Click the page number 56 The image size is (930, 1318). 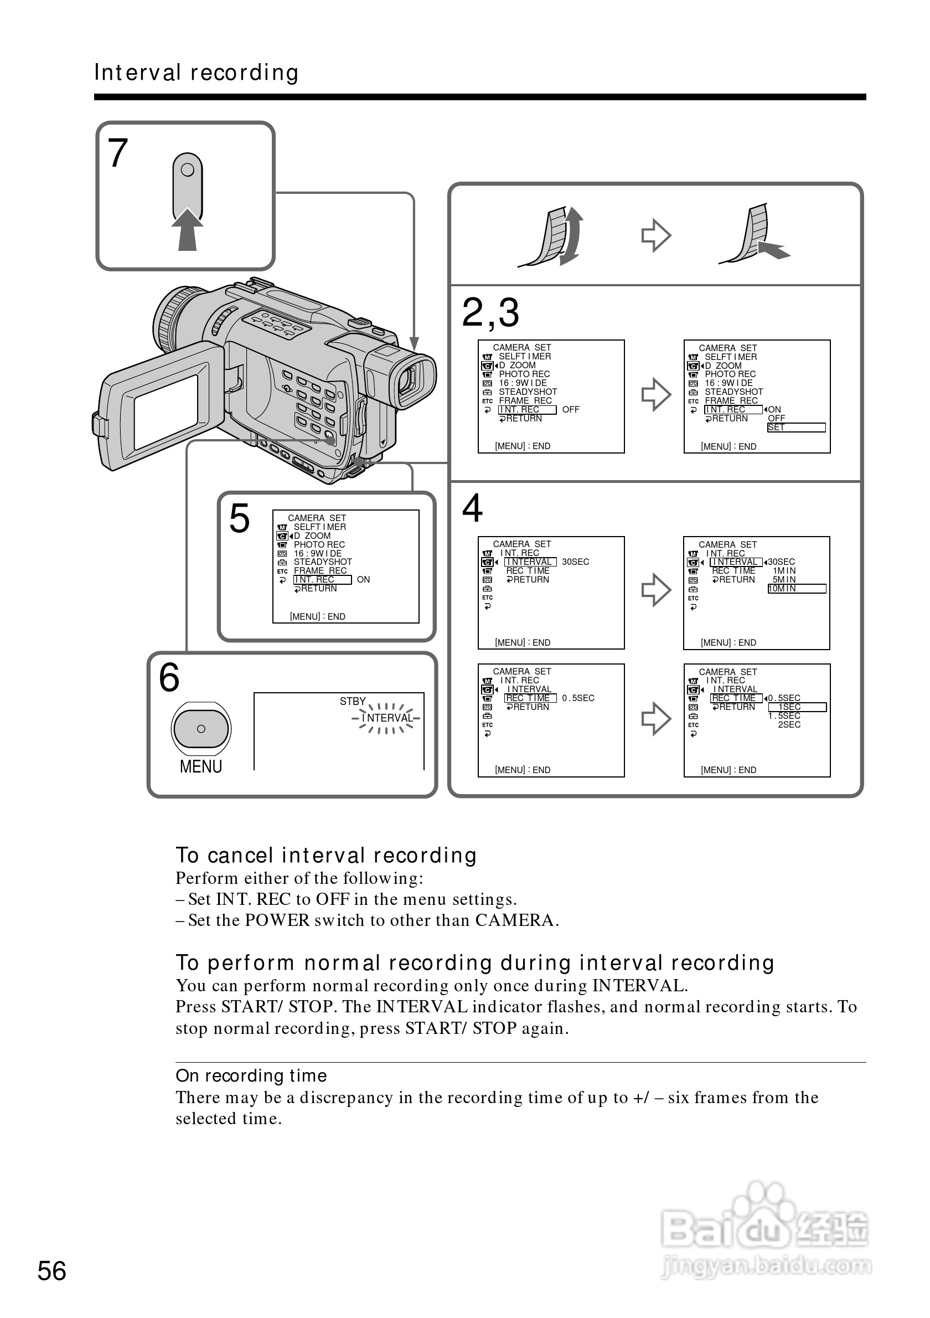51,1271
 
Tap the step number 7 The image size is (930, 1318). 117,153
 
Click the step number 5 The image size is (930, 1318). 239,518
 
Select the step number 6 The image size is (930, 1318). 169,677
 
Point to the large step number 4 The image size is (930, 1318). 472,508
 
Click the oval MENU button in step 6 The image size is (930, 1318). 201,728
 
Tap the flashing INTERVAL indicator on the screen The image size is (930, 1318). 387,718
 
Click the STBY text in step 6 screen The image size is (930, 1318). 352,702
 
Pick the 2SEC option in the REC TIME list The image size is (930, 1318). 789,725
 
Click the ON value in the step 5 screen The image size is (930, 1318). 363,580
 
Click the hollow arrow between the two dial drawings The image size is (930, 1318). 656,235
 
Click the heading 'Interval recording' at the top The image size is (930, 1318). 196,73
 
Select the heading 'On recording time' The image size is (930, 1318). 251,1075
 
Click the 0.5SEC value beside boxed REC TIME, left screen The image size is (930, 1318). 578,698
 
